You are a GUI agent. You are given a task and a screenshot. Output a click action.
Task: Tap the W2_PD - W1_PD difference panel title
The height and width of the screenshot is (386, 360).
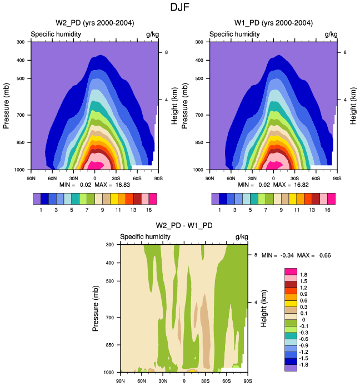pyautogui.click(x=184, y=225)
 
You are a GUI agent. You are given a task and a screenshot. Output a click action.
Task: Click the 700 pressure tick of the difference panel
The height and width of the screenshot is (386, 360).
pyautogui.click(x=109, y=318)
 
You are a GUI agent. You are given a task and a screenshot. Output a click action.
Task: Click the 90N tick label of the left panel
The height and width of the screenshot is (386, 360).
pyautogui.click(x=31, y=178)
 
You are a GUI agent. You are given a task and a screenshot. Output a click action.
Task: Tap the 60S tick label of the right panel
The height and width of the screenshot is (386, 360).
pyautogui.click(x=316, y=178)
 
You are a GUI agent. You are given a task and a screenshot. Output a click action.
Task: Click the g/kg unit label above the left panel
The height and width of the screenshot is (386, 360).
pyautogui.click(x=152, y=34)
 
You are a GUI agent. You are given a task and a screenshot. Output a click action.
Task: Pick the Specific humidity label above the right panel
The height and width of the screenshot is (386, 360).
pyautogui.click(x=235, y=34)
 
